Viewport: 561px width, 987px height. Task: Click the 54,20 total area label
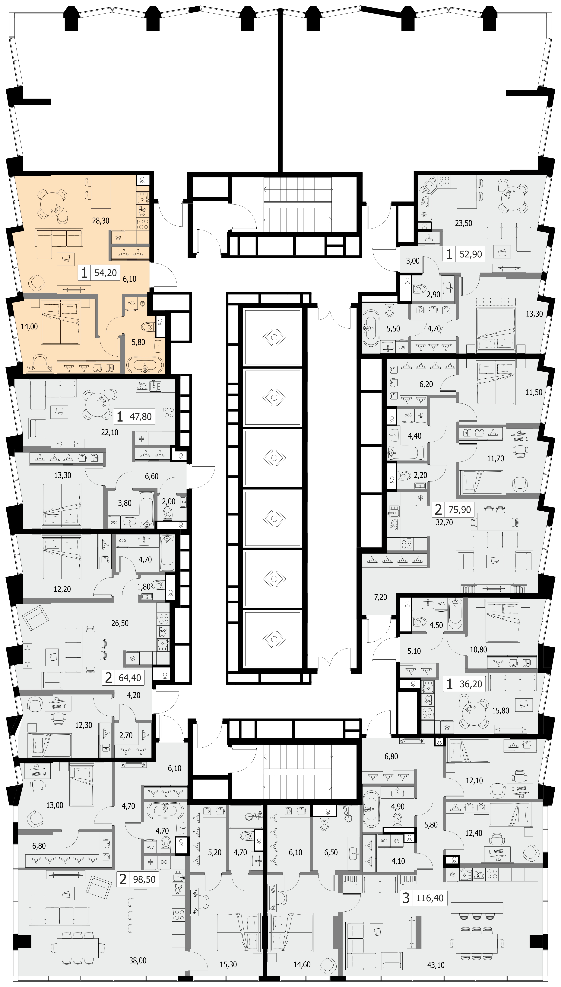[106, 273]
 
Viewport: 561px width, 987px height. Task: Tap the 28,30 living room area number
[101, 221]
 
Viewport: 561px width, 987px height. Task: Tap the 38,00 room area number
[138, 960]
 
